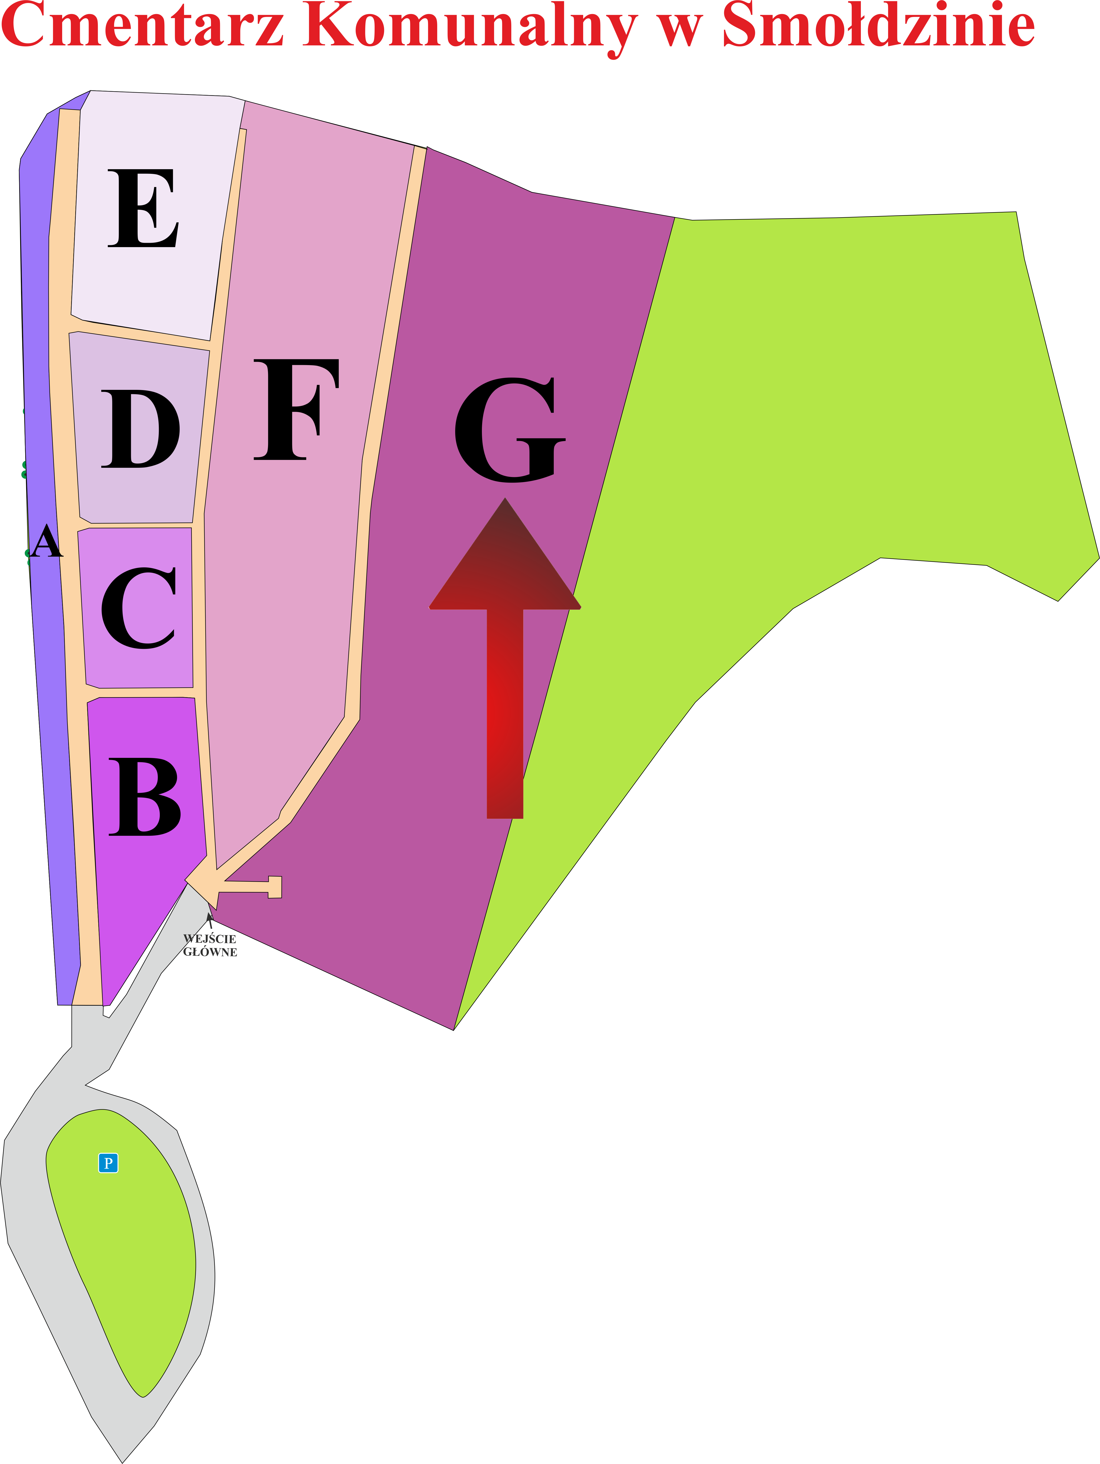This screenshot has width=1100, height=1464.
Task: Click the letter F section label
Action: (x=296, y=410)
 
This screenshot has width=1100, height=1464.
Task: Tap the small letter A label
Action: (x=46, y=541)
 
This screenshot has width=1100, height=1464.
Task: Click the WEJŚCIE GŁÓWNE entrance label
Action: (x=210, y=945)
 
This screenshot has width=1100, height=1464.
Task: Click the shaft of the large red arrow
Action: (x=505, y=713)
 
